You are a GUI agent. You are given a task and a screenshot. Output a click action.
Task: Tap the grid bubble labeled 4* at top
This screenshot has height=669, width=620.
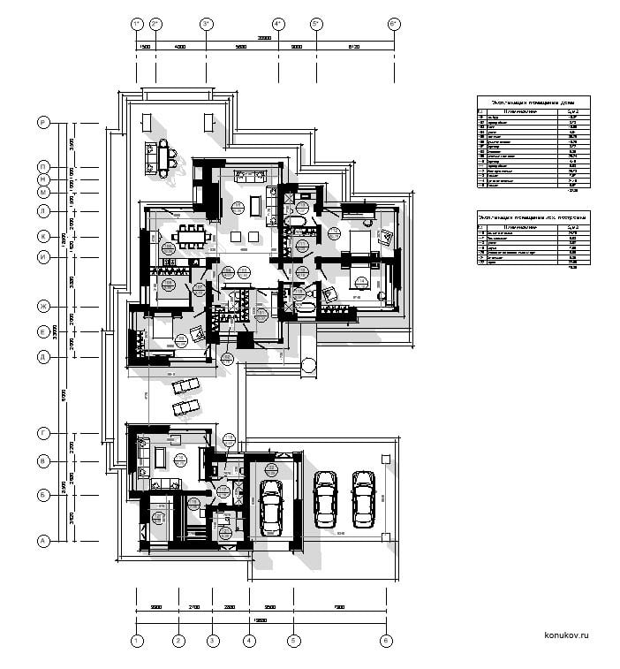(x=277, y=23)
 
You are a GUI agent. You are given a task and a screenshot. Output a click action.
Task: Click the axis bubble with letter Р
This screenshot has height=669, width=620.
(x=42, y=122)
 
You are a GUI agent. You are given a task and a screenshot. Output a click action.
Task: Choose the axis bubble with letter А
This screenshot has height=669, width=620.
(x=42, y=540)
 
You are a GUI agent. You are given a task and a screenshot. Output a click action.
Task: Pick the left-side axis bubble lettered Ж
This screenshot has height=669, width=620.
(x=42, y=307)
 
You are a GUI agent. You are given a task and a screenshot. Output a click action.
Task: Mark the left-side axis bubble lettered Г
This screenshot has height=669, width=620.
(x=42, y=433)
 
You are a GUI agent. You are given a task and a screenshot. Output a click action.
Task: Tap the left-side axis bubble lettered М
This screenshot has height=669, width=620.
(x=42, y=192)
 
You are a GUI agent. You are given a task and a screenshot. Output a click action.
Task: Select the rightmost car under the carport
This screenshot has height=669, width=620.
(x=363, y=498)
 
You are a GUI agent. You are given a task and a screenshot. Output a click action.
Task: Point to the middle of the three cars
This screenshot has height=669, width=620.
(x=325, y=498)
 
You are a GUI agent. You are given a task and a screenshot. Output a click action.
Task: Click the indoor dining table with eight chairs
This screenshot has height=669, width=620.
(x=192, y=237)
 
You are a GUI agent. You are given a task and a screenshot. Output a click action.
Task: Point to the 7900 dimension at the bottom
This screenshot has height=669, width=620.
(x=338, y=607)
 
